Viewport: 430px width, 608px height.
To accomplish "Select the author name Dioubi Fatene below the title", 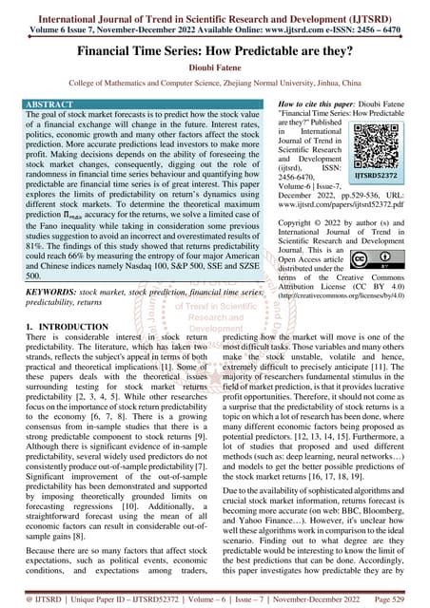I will (x=215, y=64).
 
